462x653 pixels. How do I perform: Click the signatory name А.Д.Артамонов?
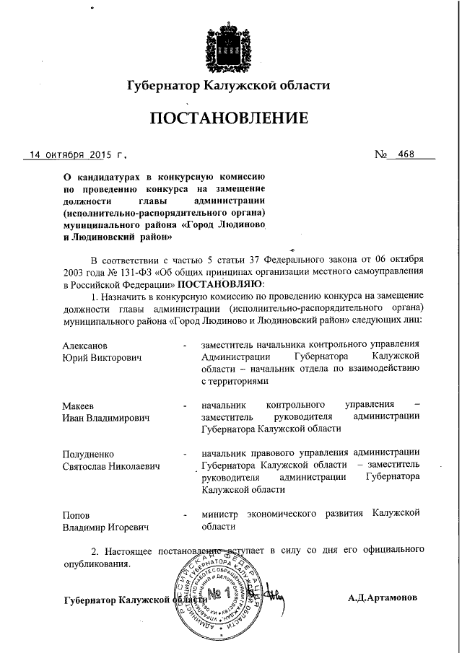point(381,598)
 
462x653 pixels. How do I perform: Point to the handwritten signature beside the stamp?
point(275,595)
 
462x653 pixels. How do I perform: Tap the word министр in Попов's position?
point(221,513)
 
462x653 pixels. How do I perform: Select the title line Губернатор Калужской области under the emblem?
point(228,84)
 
